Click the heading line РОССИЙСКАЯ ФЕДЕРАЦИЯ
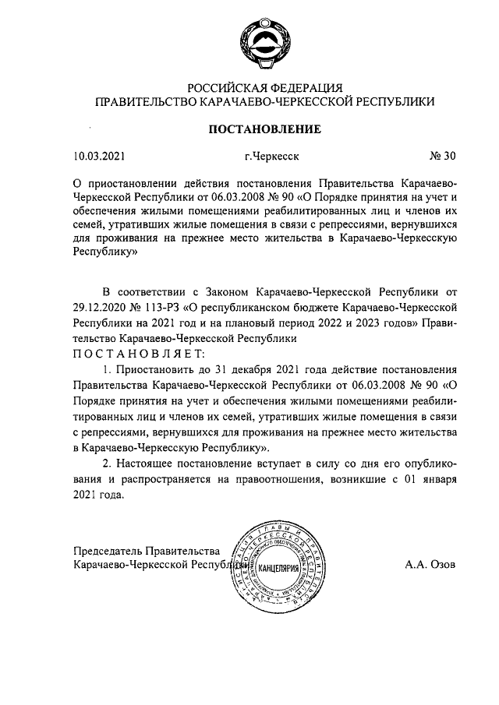point(264,86)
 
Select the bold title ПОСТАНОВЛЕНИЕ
point(264,128)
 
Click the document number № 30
point(442,156)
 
